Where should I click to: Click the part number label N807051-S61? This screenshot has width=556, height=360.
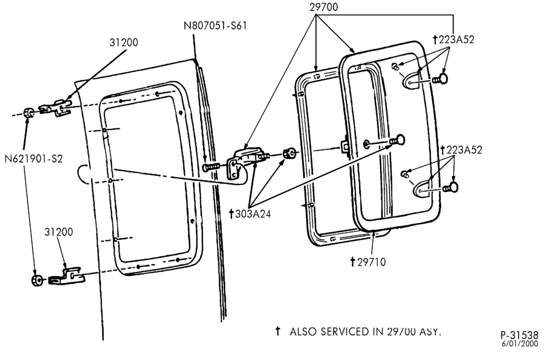click(215, 26)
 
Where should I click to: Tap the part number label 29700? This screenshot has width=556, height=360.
click(324, 7)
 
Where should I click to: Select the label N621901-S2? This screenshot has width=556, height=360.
click(34, 159)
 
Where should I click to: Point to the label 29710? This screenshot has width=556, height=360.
click(368, 262)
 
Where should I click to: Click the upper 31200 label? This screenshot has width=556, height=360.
click(124, 43)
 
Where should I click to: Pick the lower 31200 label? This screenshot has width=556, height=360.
click(58, 232)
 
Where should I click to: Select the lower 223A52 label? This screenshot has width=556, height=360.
click(461, 150)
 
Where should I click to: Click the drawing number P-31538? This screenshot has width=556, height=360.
click(519, 335)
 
